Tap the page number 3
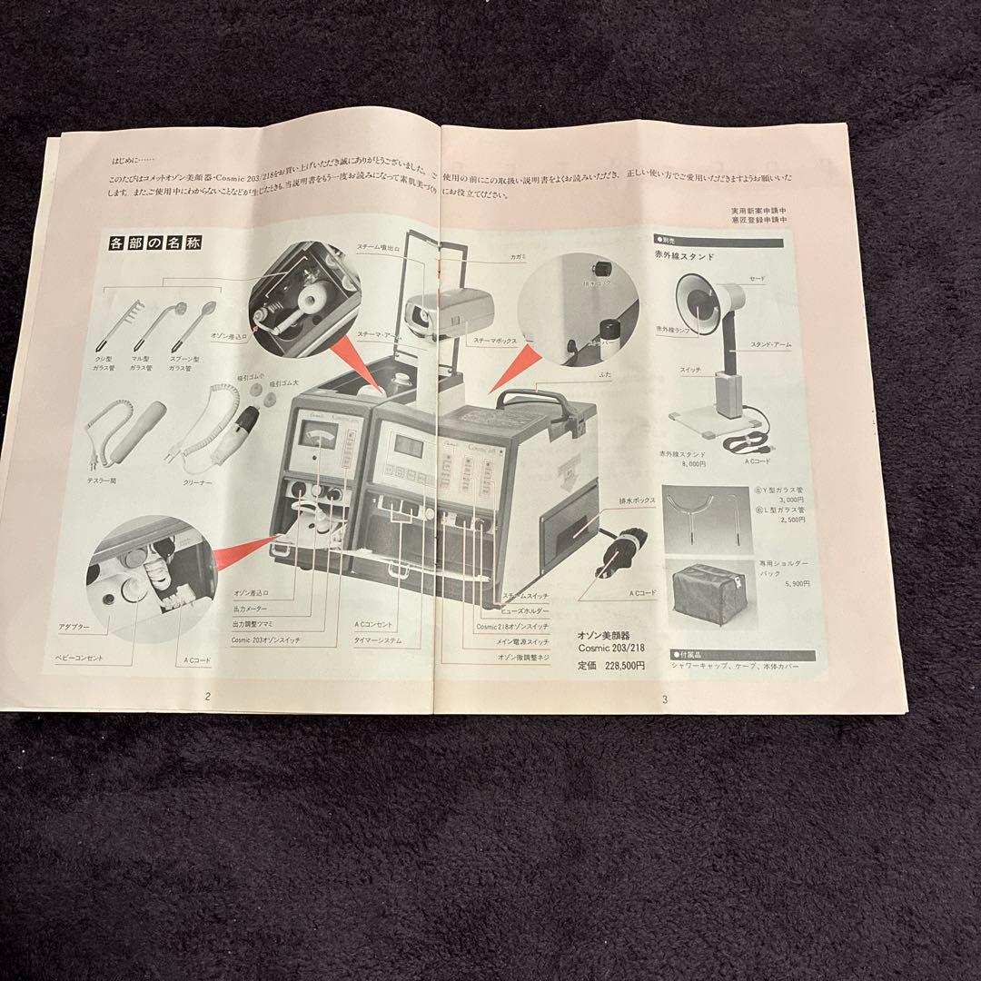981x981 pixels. (x=666, y=699)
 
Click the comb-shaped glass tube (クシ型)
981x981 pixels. (x=124, y=318)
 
